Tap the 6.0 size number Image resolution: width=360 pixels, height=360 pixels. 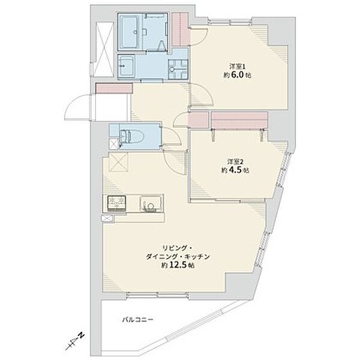pyautogui.click(x=237, y=76)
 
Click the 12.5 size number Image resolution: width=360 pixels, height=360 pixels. pyautogui.click(x=178, y=265)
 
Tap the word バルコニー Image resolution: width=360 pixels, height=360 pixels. pyautogui.click(x=138, y=319)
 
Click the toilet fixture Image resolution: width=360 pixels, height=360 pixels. pyautogui.click(x=131, y=137)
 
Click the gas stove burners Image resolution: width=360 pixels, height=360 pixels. pyautogui.click(x=117, y=203)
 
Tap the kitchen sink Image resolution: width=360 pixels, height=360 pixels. pyautogui.click(x=151, y=204)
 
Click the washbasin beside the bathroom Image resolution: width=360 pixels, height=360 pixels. pyautogui.click(x=127, y=65)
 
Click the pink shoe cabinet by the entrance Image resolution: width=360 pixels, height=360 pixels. pyautogui.click(x=114, y=89)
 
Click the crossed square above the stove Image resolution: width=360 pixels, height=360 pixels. pyautogui.click(x=118, y=162)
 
